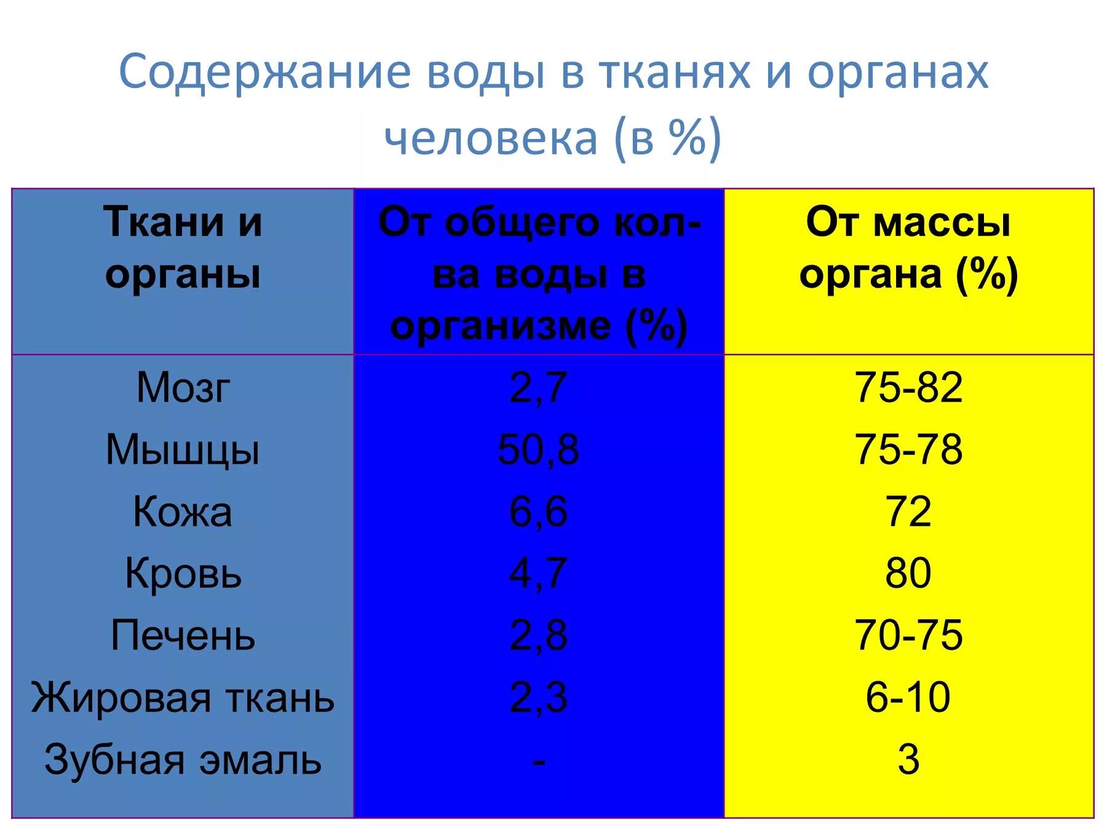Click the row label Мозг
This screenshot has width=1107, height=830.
(x=183, y=388)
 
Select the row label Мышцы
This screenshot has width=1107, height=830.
(x=183, y=450)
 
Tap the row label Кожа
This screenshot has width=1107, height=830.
(x=183, y=512)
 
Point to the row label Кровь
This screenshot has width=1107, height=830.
(x=183, y=574)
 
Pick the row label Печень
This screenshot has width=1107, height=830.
(x=183, y=636)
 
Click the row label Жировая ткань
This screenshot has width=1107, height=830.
(x=183, y=698)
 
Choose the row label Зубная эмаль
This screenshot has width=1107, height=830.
(x=183, y=760)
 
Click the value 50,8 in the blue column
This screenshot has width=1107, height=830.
(x=538, y=450)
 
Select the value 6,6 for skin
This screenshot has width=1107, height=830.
(x=538, y=512)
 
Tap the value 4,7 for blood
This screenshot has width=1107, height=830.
(x=538, y=574)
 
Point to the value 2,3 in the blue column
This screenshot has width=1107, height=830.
(x=538, y=698)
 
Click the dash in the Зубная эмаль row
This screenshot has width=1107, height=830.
(x=539, y=762)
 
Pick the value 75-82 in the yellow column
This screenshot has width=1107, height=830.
(x=908, y=388)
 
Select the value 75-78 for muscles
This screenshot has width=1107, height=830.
(x=908, y=450)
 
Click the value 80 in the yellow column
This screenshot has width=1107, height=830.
(x=908, y=574)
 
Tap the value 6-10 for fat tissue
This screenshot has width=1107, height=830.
(x=908, y=698)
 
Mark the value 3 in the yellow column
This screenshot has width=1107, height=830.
(x=908, y=760)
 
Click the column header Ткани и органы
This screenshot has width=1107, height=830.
(x=183, y=248)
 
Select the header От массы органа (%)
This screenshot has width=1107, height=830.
(x=908, y=248)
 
